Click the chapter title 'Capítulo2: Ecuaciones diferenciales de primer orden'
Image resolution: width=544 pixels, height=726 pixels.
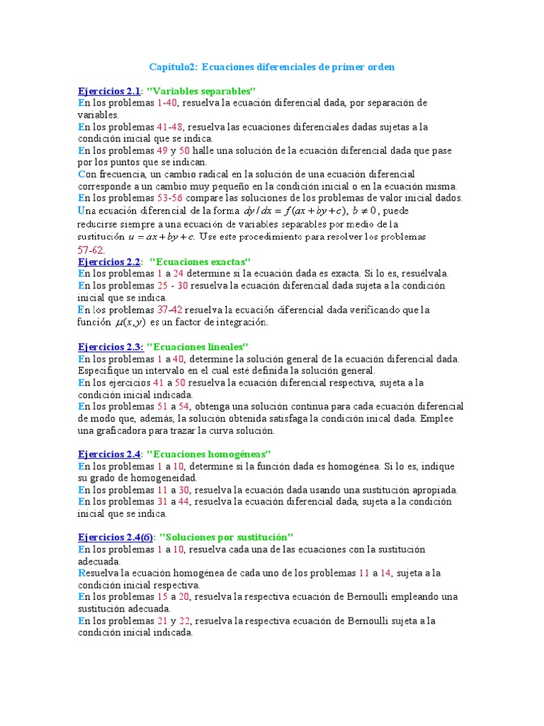point(271,67)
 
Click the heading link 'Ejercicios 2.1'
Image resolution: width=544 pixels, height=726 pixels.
point(109,91)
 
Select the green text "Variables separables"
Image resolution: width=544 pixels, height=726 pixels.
point(200,91)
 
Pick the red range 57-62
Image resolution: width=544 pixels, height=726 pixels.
point(90,250)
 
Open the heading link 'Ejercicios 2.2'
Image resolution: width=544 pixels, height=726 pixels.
point(109,262)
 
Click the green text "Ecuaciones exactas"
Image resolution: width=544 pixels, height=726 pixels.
point(204,262)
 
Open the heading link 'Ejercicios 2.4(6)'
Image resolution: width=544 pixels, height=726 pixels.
point(115,537)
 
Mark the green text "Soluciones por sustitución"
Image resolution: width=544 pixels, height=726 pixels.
point(227,537)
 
